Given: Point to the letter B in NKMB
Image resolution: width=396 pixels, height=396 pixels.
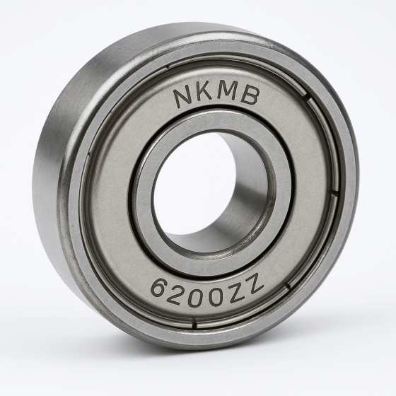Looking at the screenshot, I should [x=250, y=97].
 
